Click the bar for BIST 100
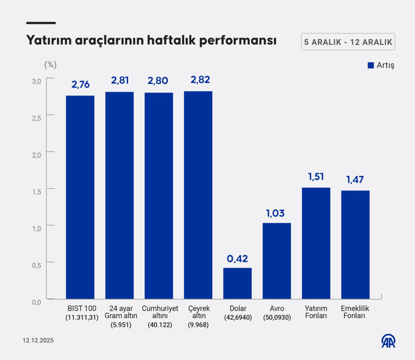coord(80,197)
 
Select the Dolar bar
coord(237,283)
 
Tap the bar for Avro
coord(277,261)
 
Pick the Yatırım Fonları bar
coord(316,243)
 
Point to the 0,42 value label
coord(237,259)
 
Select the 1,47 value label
coord(355,180)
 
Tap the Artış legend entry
coord(381,65)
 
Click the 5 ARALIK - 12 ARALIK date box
coord(348,42)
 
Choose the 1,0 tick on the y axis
coord(36,228)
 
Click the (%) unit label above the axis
coord(50,64)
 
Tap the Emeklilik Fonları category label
coord(355,312)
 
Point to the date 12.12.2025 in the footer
coord(38,341)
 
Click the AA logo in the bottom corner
coord(388,341)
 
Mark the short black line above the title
coord(40,23)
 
